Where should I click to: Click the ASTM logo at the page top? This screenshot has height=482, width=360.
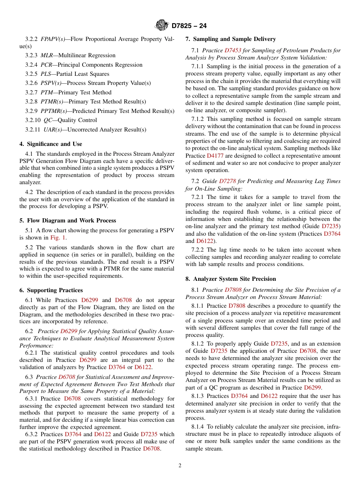pos(162,25)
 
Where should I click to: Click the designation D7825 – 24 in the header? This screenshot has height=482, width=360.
pos(189,26)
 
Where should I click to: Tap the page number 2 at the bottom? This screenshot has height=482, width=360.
pos(180,466)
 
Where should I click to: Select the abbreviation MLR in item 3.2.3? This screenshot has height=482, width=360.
pos(47,55)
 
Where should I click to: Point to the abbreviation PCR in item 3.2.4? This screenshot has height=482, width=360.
pos(46,65)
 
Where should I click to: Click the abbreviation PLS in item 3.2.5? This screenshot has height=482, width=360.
pos(46,74)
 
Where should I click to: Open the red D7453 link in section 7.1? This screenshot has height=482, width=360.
pos(233,50)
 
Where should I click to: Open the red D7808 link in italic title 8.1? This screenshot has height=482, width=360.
pos(233,290)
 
